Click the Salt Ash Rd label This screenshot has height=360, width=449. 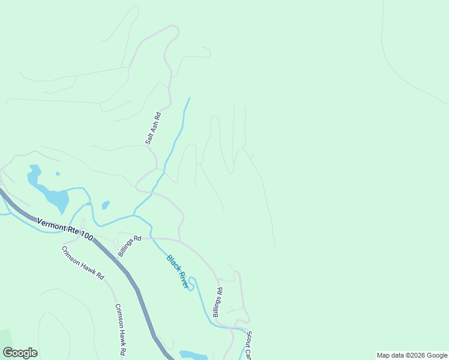[x=153, y=128]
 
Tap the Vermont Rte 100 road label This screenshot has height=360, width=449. [x=65, y=230]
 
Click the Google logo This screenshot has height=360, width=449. [x=20, y=353]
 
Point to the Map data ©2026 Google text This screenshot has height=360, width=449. [x=412, y=355]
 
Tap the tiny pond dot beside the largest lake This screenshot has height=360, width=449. [x=58, y=174]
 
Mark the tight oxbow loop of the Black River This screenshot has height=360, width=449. [x=191, y=283]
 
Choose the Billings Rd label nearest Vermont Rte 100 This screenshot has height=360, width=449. [x=129, y=245]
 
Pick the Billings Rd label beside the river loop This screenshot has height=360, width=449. [x=217, y=302]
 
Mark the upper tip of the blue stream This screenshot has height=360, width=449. [x=190, y=98]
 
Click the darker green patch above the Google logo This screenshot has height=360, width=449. [x=6, y=339]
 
